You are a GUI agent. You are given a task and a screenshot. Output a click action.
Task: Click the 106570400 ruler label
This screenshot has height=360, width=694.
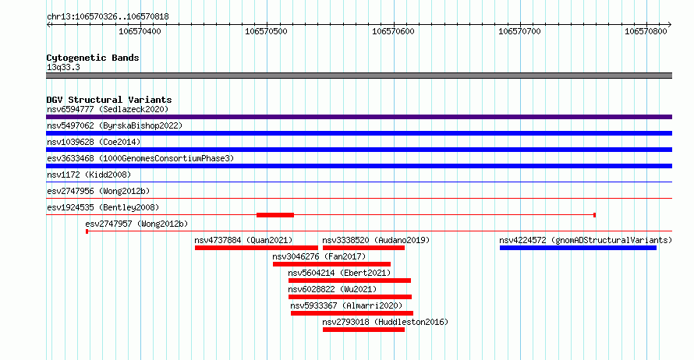[x=140, y=31]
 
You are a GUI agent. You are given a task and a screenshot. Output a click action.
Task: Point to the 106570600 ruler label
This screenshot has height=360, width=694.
[x=393, y=31]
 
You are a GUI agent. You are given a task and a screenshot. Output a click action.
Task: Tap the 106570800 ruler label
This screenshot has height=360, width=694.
[x=646, y=31]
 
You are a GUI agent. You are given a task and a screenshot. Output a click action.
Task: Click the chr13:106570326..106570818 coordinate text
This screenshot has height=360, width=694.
[x=108, y=17]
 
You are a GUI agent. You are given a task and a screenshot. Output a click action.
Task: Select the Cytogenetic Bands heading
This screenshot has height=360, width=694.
[x=93, y=58]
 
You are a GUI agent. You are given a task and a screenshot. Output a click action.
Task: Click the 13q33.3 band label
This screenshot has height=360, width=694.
[x=63, y=67]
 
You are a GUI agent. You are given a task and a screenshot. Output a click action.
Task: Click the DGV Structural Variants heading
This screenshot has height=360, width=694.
[x=109, y=100]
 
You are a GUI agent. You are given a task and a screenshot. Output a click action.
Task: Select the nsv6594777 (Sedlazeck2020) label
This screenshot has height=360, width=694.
[x=108, y=109]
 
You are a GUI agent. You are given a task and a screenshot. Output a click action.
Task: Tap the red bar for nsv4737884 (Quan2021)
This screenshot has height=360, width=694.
[x=257, y=248]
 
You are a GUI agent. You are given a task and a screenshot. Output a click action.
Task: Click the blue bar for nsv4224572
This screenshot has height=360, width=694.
[x=578, y=248]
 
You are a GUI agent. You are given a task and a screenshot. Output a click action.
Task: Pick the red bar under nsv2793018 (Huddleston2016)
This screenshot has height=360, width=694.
[x=363, y=330]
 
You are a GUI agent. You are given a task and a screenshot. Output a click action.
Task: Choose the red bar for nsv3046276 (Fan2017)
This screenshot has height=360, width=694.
[x=331, y=264]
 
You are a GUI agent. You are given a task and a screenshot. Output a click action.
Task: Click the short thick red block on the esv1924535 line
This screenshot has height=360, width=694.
[x=274, y=215]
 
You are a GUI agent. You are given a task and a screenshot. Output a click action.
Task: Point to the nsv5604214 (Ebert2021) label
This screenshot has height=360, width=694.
[x=339, y=273]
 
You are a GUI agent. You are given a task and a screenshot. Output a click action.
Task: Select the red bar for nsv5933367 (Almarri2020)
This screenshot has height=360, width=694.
[x=352, y=313]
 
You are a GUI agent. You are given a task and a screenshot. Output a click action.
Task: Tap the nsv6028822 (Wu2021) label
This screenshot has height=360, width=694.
[x=332, y=289]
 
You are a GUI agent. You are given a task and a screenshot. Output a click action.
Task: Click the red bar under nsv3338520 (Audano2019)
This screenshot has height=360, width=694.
[x=363, y=248]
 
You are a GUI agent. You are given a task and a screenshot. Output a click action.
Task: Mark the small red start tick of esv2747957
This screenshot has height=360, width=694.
[x=87, y=231]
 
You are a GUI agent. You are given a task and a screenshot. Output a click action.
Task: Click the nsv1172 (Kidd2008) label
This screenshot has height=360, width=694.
[x=89, y=175]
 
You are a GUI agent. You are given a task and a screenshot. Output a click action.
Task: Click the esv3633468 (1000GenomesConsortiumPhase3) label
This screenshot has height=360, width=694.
[x=140, y=158]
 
